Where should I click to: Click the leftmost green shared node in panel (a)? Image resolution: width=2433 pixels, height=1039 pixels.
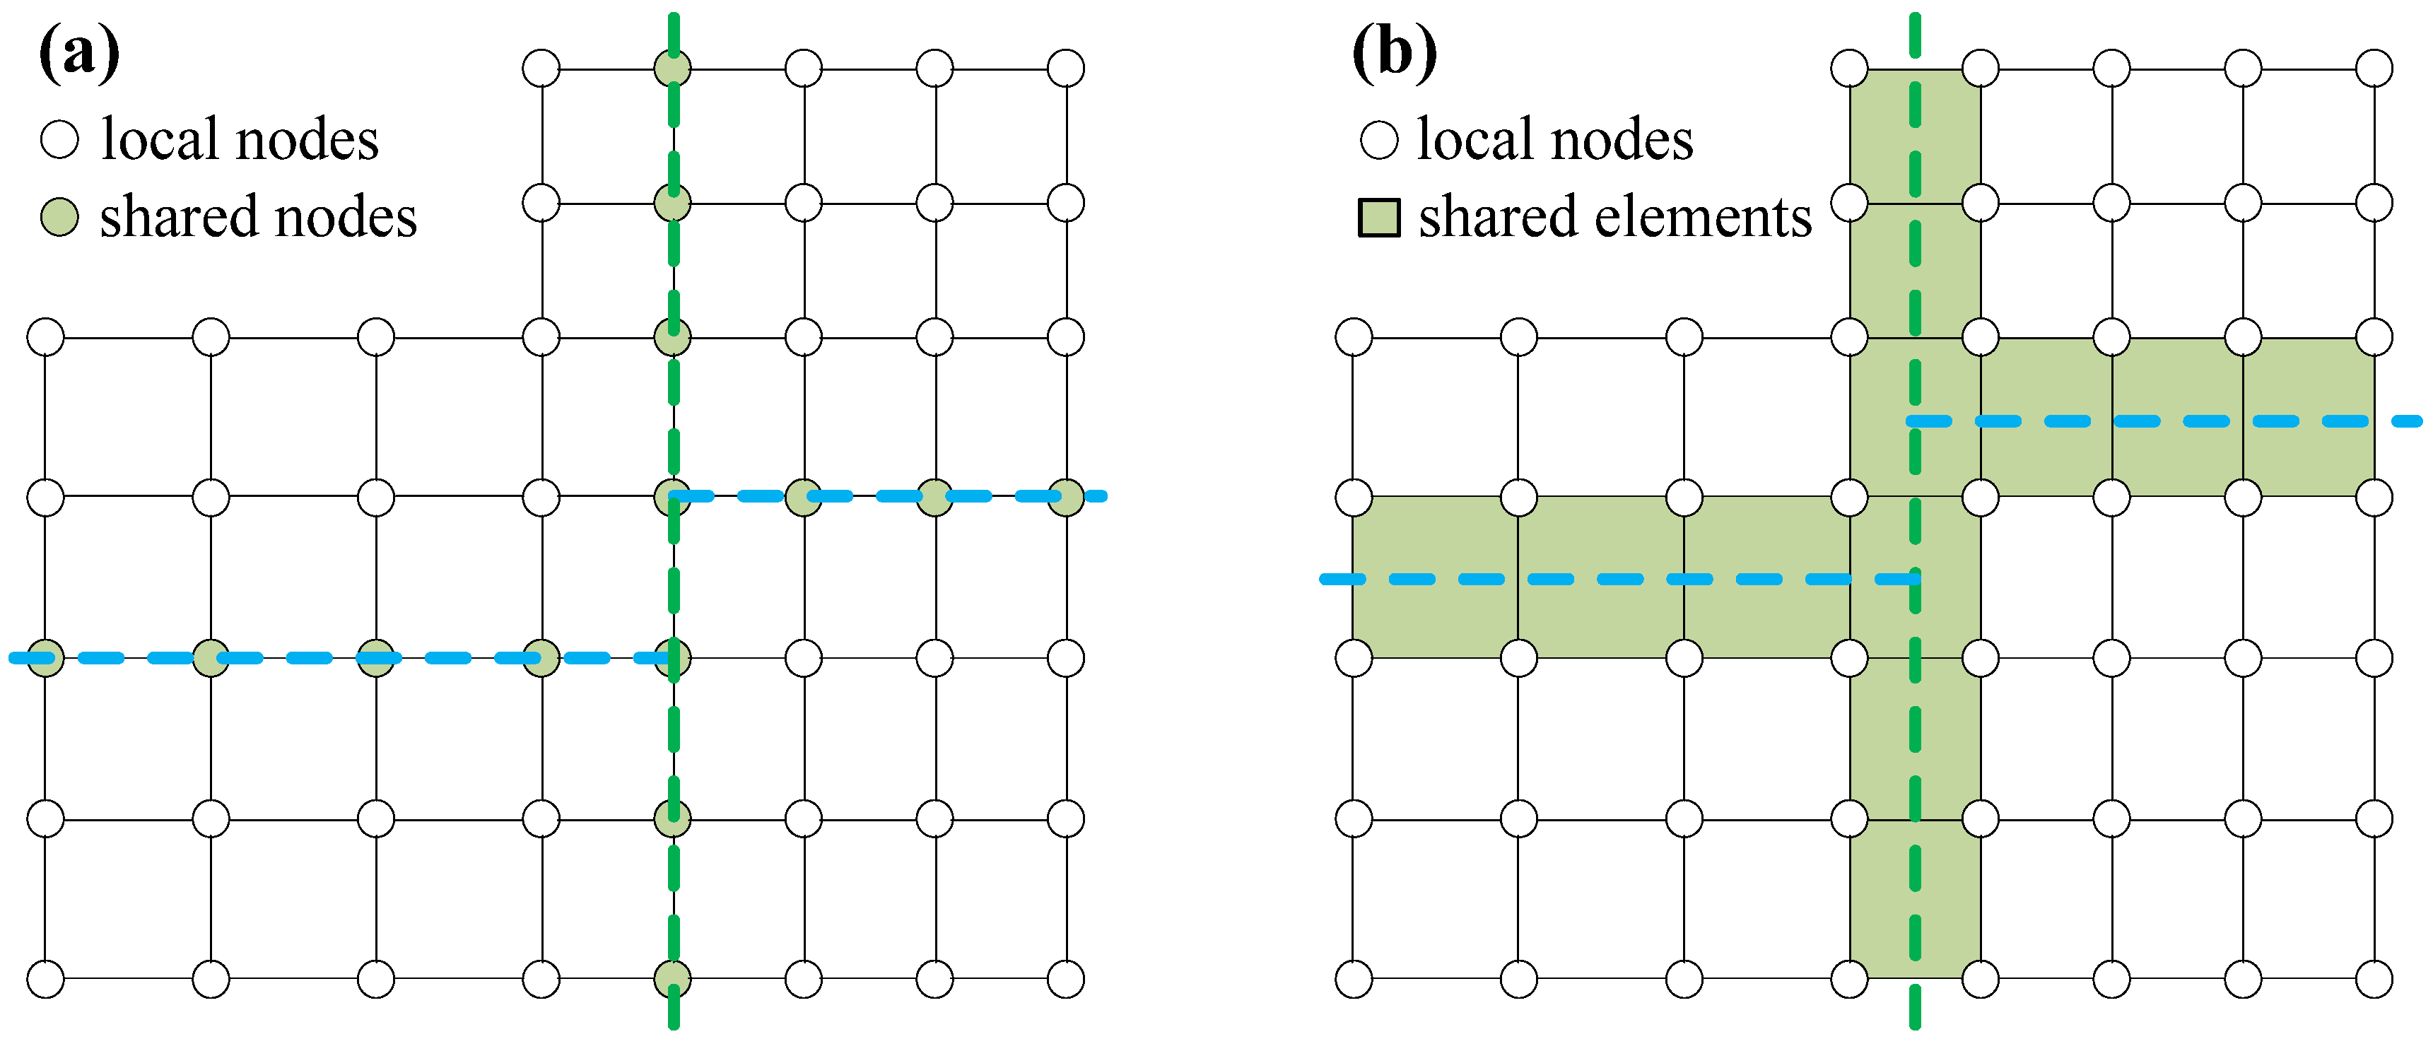point(45,657)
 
